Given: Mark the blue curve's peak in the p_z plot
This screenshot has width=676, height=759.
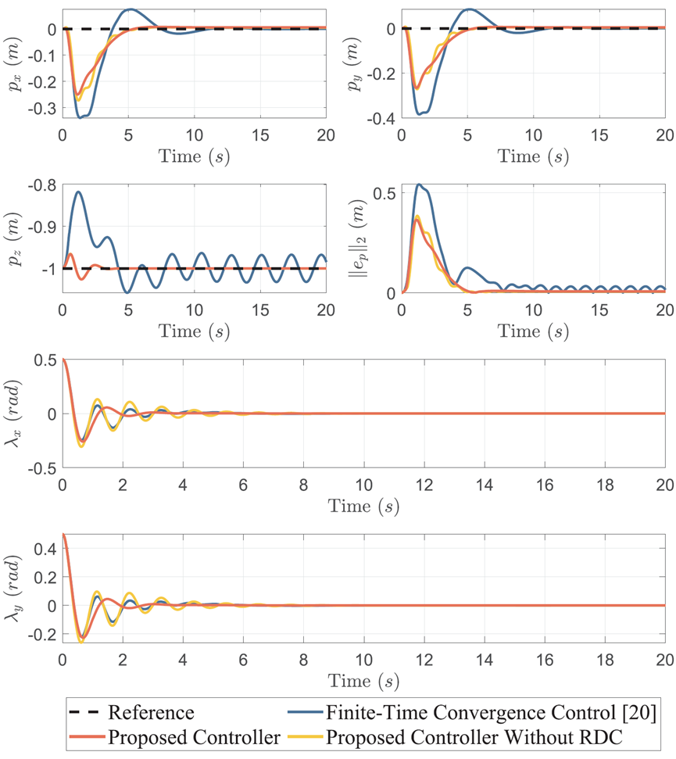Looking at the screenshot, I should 78,192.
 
